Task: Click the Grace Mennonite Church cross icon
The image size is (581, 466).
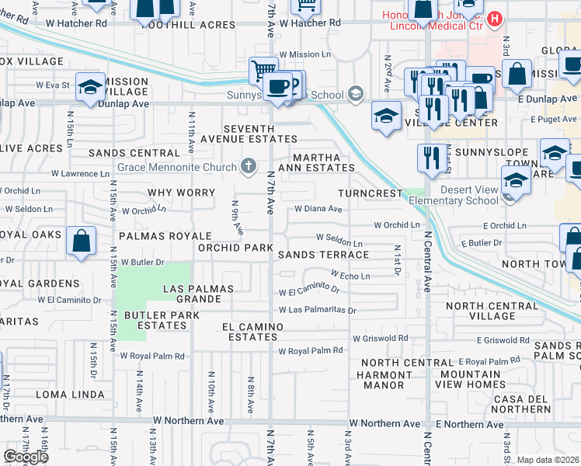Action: [x=249, y=165]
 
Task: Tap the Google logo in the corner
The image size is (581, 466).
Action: [x=26, y=456]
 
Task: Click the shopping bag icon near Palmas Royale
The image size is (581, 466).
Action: [x=81, y=242]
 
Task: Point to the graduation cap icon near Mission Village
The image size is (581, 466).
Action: [x=90, y=87]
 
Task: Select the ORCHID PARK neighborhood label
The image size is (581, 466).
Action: [x=235, y=248]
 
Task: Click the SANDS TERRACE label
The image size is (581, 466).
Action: [x=323, y=255]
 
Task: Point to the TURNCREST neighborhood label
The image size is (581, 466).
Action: [x=370, y=193]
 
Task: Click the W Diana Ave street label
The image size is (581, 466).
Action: [x=318, y=209]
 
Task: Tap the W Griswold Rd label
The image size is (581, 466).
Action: [x=380, y=339]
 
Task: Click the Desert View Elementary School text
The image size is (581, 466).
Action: [x=468, y=195]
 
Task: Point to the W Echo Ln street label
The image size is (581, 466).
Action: [x=350, y=275]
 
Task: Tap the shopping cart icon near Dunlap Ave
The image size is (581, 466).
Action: [x=263, y=71]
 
